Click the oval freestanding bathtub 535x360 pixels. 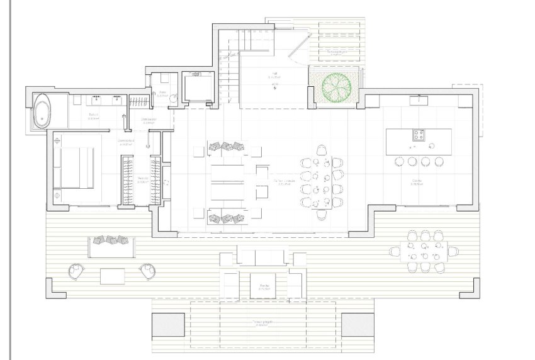[43, 111]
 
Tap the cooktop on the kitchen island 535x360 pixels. [419, 135]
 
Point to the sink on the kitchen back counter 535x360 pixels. [419, 99]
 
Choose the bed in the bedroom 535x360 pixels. [76, 166]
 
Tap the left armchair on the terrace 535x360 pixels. [76, 271]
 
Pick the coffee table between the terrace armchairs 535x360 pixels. [112, 275]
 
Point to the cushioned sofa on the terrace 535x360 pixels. [111, 246]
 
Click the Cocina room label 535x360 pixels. [417, 181]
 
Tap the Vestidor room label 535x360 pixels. [143, 179]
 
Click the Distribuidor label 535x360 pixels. [149, 120]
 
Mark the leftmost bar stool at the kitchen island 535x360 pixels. [398, 161]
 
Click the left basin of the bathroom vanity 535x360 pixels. [96, 99]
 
